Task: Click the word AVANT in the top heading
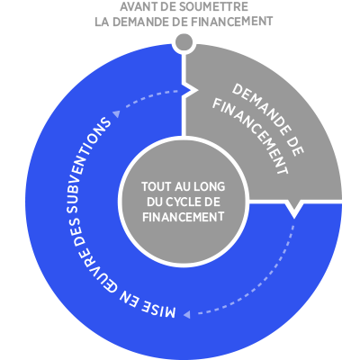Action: coord(135,6)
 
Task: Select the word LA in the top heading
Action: coord(102,22)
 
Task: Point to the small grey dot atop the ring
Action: coord(184,42)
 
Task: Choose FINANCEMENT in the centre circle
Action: coord(184,217)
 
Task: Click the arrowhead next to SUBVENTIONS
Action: coord(116,113)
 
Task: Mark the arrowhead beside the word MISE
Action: coord(186,314)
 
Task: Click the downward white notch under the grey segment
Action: coord(294,209)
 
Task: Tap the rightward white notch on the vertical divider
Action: coord(191,89)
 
